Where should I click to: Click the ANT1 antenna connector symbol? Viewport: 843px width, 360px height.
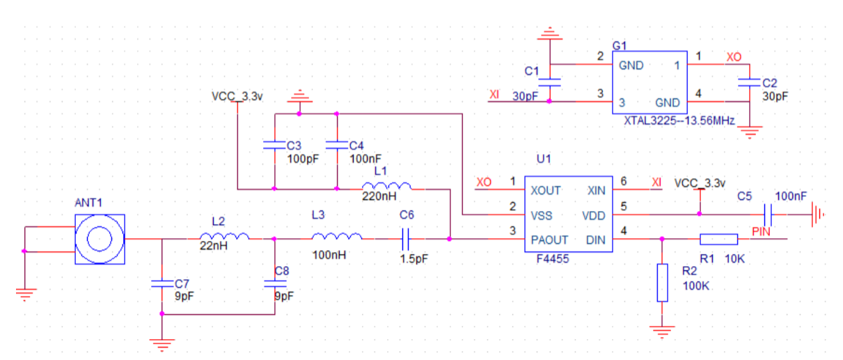point(100,239)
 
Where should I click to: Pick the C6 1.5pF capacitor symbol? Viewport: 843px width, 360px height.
point(407,240)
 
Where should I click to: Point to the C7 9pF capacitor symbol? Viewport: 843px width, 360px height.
point(161,283)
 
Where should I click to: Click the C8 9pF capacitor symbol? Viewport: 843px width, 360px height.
point(274,283)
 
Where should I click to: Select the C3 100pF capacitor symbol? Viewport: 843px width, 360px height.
point(274,146)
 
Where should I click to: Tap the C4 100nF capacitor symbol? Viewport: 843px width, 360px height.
point(337,146)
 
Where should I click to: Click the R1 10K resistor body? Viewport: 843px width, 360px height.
point(718,240)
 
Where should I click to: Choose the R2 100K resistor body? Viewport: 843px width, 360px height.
point(662,283)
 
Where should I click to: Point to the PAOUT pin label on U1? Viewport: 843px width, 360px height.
point(549,240)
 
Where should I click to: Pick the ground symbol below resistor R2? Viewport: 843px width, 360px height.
point(662,331)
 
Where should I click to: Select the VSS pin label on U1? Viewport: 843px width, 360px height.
point(541,215)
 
